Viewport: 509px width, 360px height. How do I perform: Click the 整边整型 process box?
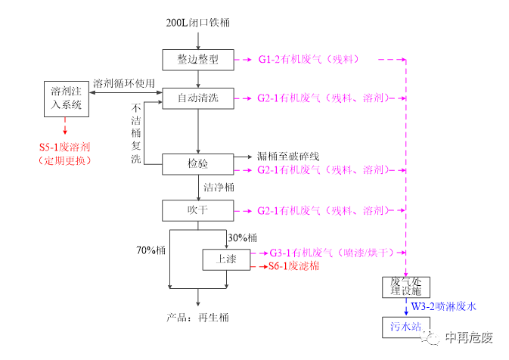tap(197, 59)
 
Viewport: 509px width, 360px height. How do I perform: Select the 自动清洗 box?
tap(197, 98)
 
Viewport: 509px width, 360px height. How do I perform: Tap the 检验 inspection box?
tap(197, 163)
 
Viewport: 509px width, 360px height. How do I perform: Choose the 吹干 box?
tap(197, 209)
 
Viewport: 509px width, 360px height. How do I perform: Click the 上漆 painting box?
tap(226, 259)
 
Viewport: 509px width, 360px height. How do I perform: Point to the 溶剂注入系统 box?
tap(66, 99)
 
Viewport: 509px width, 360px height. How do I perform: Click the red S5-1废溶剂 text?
tap(64, 147)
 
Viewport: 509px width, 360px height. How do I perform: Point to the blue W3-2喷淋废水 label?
tap(444, 306)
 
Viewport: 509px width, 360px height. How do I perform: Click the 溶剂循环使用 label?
tap(124, 82)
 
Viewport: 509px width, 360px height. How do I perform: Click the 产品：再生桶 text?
tap(197, 317)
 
